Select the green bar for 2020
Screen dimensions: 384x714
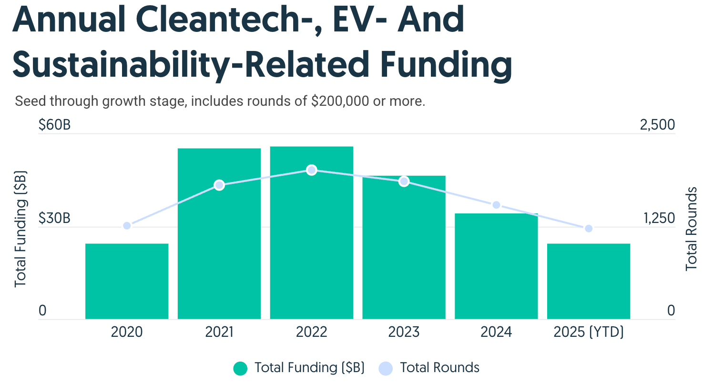(x=127, y=281)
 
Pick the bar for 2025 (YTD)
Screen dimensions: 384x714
(x=589, y=281)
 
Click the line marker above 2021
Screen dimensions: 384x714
(x=219, y=185)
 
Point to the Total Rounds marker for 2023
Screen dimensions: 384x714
(x=404, y=182)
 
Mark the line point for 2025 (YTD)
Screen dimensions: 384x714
(x=589, y=229)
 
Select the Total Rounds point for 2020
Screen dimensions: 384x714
(x=127, y=226)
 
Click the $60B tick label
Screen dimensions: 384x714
(x=54, y=125)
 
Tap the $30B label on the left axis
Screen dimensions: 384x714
(x=54, y=219)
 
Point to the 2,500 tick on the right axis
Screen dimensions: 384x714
(x=658, y=125)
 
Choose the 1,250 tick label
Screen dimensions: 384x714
(x=660, y=219)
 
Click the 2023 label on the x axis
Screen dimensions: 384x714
(x=404, y=332)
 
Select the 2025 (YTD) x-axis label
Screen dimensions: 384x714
(x=589, y=332)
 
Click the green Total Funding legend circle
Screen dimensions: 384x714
(x=240, y=368)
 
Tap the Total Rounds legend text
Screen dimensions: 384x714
(x=439, y=368)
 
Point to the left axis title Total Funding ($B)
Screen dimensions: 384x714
(x=20, y=229)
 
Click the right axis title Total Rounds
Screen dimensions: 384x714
(x=692, y=229)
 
